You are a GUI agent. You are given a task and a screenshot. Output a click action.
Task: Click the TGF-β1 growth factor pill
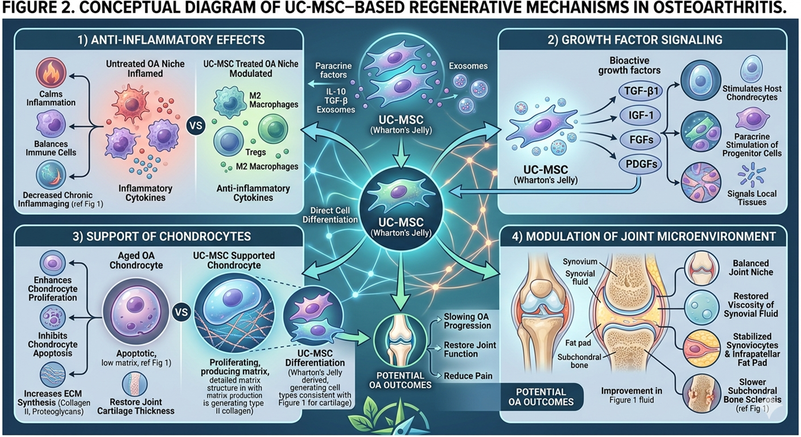pyautogui.click(x=639, y=91)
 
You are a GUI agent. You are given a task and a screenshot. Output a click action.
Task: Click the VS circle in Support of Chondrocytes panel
pyautogui.click(x=182, y=311)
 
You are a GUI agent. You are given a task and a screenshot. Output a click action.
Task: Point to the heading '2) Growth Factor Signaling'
pyautogui.click(x=643, y=40)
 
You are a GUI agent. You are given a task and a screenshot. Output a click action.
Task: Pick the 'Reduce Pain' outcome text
pyautogui.click(x=468, y=376)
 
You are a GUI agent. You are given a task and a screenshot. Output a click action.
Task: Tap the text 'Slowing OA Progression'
pyautogui.click(x=467, y=321)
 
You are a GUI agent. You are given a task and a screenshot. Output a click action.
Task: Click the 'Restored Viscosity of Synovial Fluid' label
pyautogui.click(x=750, y=304)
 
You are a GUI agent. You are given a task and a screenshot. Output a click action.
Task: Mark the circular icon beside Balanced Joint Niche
pyautogui.click(x=702, y=268)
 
